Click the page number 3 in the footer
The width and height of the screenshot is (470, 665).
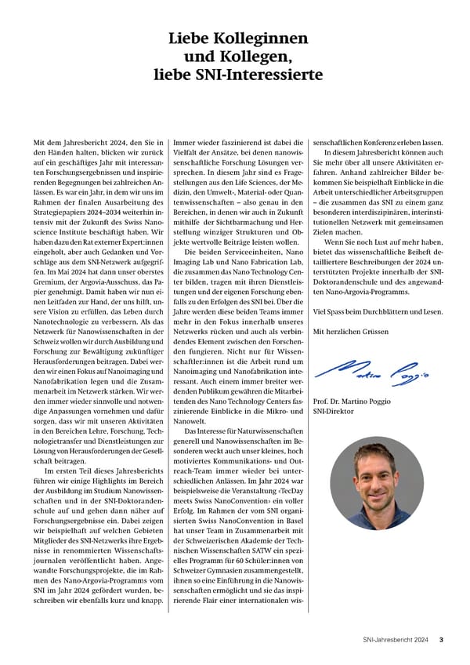pyautogui.click(x=442, y=639)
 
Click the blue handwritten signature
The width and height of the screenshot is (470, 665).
pyautogui.click(x=372, y=368)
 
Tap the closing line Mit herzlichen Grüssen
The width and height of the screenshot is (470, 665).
pyautogui.click(x=350, y=332)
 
